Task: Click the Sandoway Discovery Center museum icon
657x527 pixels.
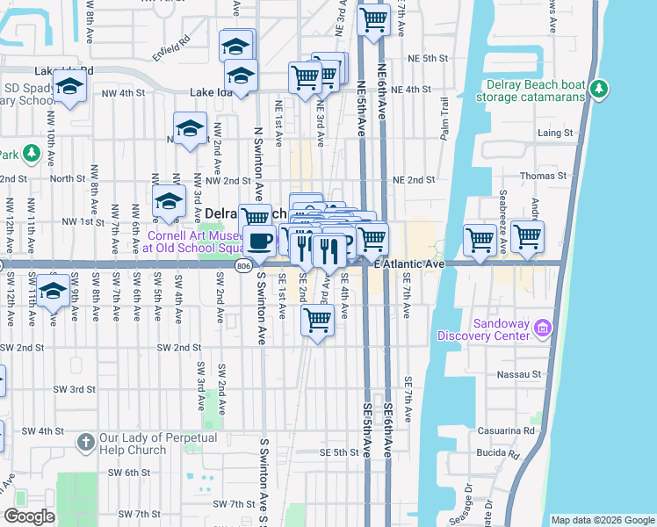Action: (x=543, y=328)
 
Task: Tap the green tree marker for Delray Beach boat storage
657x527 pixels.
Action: (x=600, y=89)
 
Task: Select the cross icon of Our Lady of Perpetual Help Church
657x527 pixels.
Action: (x=86, y=441)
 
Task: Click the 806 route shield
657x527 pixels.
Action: (x=244, y=264)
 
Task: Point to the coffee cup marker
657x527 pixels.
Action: (x=259, y=239)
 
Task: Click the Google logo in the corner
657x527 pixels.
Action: (x=29, y=516)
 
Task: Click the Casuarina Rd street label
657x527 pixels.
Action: (x=529, y=431)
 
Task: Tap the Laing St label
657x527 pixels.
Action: (x=554, y=134)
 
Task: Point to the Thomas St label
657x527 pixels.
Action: (x=559, y=175)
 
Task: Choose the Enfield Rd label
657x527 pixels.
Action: (x=172, y=44)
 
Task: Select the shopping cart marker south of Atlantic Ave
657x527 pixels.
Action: (x=316, y=321)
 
